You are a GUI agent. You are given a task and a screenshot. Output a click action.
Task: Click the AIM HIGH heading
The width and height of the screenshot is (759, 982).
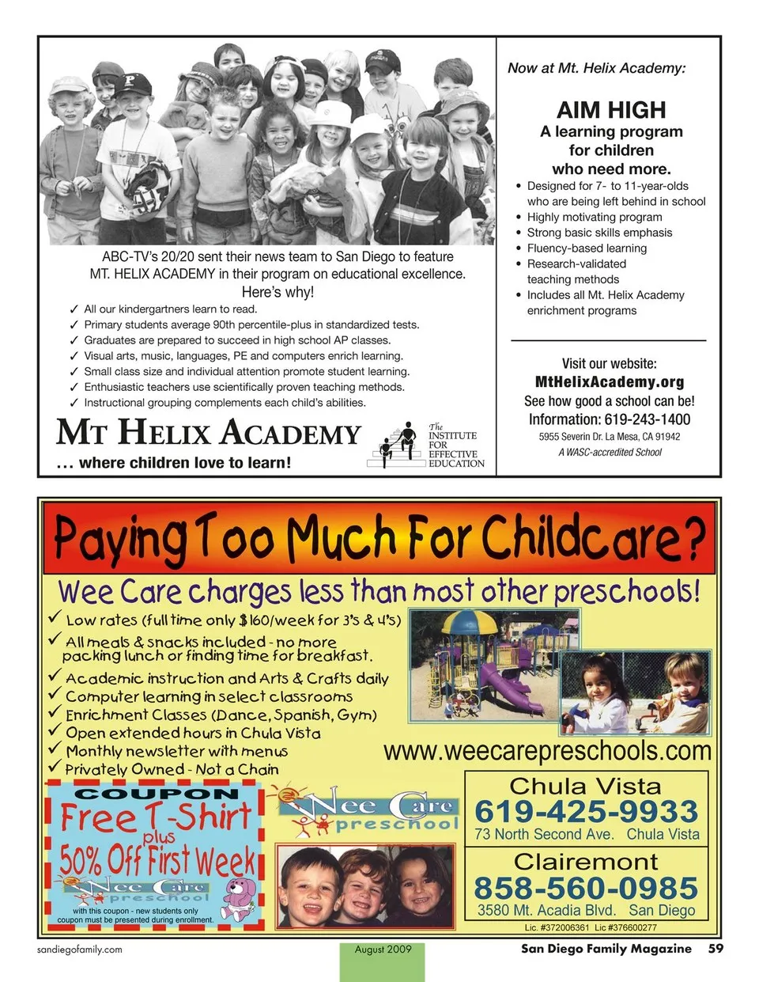point(611,110)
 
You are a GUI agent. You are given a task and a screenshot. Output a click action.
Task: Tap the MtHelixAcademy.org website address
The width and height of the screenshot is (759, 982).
point(609,382)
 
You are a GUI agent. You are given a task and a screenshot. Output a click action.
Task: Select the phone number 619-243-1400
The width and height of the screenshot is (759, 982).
point(647,419)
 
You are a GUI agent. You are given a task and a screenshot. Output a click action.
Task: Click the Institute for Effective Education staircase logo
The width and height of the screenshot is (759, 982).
point(398,445)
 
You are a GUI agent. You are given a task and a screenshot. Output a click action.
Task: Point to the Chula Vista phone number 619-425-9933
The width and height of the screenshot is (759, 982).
point(586,812)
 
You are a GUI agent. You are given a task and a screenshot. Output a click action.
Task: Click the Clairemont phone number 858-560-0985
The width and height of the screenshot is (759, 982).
point(586,888)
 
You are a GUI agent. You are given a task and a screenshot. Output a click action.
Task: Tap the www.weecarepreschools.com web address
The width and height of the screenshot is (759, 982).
point(547,751)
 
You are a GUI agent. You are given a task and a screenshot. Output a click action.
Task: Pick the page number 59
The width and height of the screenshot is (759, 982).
point(716,948)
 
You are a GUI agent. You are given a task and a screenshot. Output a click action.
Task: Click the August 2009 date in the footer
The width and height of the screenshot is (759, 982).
point(383,950)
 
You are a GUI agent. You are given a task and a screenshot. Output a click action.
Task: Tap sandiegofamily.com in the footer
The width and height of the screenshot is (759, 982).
point(80,950)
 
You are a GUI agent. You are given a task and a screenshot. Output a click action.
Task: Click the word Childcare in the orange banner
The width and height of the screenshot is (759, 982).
point(593,539)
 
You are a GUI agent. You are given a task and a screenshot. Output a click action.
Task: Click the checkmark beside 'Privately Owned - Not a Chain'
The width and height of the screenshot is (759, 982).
point(55,767)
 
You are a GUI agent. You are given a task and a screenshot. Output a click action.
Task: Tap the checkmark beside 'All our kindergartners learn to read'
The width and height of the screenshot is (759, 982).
point(74,309)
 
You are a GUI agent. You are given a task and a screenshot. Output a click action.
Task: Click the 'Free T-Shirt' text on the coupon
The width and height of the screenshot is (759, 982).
point(156,817)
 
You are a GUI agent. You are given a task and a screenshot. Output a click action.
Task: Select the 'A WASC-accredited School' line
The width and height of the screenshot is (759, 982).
point(610,453)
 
